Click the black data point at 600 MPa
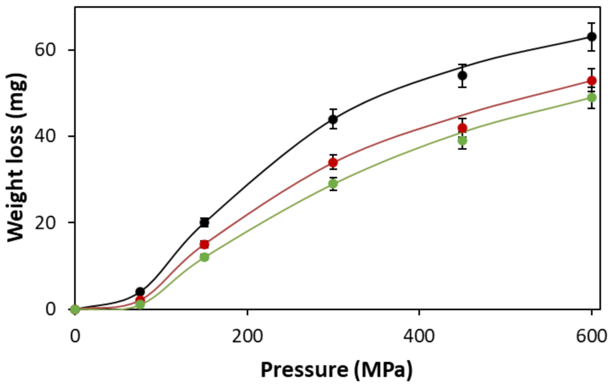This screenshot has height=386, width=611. tap(591, 37)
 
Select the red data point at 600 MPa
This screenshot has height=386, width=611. tap(591, 81)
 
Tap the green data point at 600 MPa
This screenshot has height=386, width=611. tap(591, 97)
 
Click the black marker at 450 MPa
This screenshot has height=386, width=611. tap(462, 76)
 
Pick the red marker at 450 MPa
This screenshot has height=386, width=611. tap(462, 128)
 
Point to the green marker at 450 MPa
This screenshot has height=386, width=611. tap(462, 140)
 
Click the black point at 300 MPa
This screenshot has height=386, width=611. tap(333, 119)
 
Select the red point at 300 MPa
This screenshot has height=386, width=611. tap(333, 163)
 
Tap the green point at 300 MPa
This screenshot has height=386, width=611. tap(333, 184)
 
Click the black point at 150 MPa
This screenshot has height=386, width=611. tap(204, 223)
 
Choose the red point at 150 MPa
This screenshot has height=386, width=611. tap(204, 244)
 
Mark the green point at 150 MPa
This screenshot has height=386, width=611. tap(204, 257)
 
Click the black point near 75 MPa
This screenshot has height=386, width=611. tap(140, 292)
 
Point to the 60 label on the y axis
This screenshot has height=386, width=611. tap(45, 50)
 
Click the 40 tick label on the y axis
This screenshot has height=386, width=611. tap(45, 136)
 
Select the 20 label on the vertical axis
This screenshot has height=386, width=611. tap(45, 223)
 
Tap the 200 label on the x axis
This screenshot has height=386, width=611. tap(247, 336)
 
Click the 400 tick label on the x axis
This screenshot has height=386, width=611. tap(419, 336)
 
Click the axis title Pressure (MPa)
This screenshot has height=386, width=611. tap(336, 370)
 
